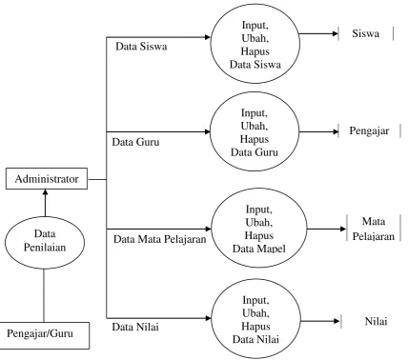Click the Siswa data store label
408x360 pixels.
pyautogui.click(x=365, y=33)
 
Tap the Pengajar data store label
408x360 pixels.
pyautogui.click(x=369, y=130)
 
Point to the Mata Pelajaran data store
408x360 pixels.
pyautogui.click(x=374, y=229)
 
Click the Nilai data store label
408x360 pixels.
pyautogui.click(x=376, y=321)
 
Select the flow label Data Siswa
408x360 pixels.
pyautogui.click(x=141, y=47)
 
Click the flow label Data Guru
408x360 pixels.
pyautogui.click(x=135, y=142)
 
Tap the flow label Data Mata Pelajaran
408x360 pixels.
pyautogui.click(x=160, y=239)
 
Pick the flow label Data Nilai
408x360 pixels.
pyautogui.click(x=135, y=327)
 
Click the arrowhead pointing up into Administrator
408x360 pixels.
pyautogui.click(x=45, y=192)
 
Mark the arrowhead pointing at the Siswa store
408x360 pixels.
pyautogui.click(x=335, y=33)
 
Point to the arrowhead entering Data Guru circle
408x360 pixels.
pyautogui.click(x=207, y=131)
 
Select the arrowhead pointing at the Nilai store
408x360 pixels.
pyautogui.click(x=337, y=321)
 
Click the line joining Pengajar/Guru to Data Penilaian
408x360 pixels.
pyautogui.click(x=44, y=295)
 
